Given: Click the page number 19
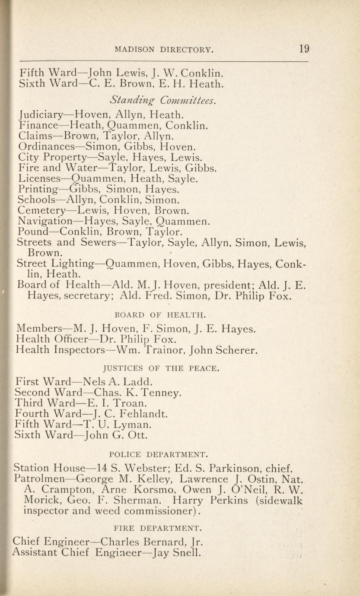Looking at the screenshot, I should tap(303, 48).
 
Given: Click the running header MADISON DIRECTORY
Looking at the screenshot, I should tap(164, 50).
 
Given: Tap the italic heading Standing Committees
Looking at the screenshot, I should tap(163, 101).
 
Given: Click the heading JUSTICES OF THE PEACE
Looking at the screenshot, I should tap(161, 369).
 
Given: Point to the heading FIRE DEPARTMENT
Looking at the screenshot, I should tap(157, 528).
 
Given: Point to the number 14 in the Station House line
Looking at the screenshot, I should tap(102, 468).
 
